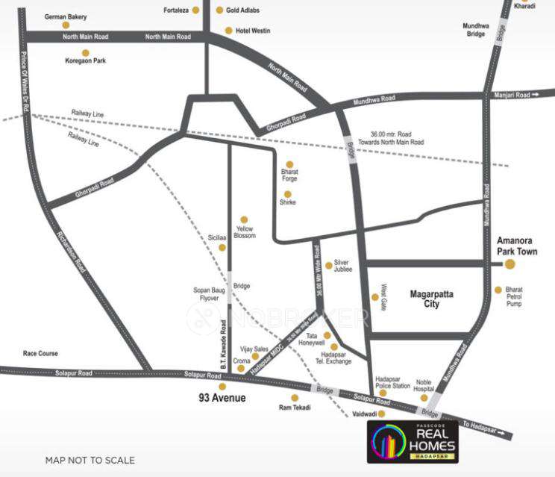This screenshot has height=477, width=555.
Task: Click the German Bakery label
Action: click(66, 16)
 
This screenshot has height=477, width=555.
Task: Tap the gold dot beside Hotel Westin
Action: click(229, 31)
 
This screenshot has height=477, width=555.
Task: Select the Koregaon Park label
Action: click(85, 60)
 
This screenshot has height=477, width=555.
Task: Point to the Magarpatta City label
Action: click(436, 299)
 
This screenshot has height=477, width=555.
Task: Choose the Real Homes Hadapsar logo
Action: click(413, 441)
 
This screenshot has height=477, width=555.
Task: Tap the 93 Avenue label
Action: click(222, 398)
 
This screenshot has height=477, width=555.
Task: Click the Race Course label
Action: click(40, 353)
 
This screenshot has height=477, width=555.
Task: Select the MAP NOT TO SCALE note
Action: click(90, 460)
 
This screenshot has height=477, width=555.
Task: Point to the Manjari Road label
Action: click(512, 96)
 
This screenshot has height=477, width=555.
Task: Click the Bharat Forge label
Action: click(290, 175)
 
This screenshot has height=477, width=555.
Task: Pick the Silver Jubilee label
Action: click(342, 266)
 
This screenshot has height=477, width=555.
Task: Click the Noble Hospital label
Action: click(424, 386)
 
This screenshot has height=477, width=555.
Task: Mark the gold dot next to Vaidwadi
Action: click(380, 413)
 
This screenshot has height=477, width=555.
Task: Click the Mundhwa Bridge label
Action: click(474, 30)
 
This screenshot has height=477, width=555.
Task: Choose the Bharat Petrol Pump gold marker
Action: click(498, 290)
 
